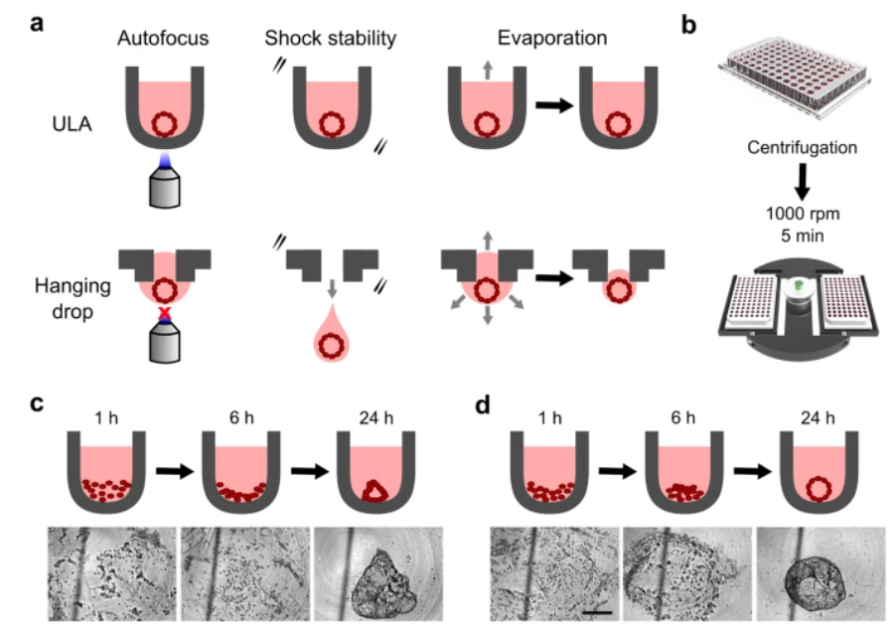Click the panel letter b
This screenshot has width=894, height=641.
point(688,25)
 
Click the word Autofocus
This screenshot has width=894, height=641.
point(163,38)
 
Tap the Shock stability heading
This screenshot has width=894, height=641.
point(330,38)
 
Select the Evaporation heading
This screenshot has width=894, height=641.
point(552,38)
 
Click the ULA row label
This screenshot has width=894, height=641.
point(72,124)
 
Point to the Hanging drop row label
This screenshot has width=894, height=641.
point(73,298)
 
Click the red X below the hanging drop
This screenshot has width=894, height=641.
point(165,312)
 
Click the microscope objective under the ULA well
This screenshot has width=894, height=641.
point(165,184)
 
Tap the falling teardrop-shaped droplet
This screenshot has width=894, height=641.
point(332,335)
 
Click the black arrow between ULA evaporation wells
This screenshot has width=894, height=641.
point(554,105)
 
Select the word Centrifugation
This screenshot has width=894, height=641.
point(803,148)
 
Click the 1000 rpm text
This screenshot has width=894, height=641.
point(803,214)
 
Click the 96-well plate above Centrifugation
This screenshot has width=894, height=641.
point(795,79)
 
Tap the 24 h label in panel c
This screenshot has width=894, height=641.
point(376,418)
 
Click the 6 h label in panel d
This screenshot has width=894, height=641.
point(683,418)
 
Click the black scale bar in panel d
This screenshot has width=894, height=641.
point(598,612)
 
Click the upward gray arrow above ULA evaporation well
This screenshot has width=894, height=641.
point(488,71)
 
